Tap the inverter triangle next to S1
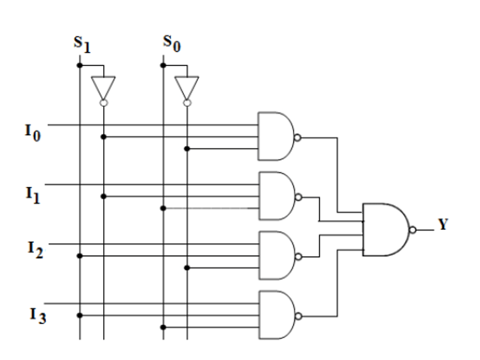click(x=103, y=87)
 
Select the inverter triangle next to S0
click(x=187, y=87)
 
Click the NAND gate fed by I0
click(x=274, y=136)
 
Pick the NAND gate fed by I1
click(x=274, y=196)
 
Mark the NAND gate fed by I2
click(x=274, y=256)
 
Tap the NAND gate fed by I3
click(x=274, y=315)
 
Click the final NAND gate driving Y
click(x=385, y=229)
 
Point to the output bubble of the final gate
click(x=413, y=229)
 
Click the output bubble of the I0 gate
click(x=297, y=136)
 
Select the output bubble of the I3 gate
click(x=297, y=315)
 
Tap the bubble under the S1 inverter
click(x=103, y=102)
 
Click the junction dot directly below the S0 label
click(x=163, y=65)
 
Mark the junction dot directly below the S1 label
click(x=79, y=65)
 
